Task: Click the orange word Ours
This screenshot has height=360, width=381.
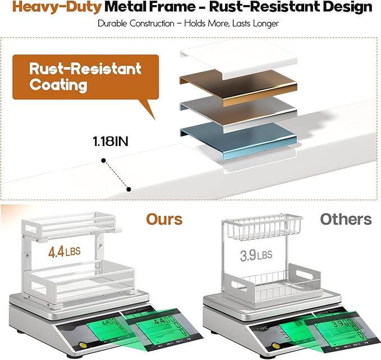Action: point(164,218)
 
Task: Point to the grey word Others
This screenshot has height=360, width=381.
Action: point(346,218)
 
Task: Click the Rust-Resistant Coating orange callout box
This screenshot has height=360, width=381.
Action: point(77,78)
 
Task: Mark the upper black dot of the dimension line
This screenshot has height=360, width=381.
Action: point(104,161)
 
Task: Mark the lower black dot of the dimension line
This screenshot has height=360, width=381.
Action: point(130,189)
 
